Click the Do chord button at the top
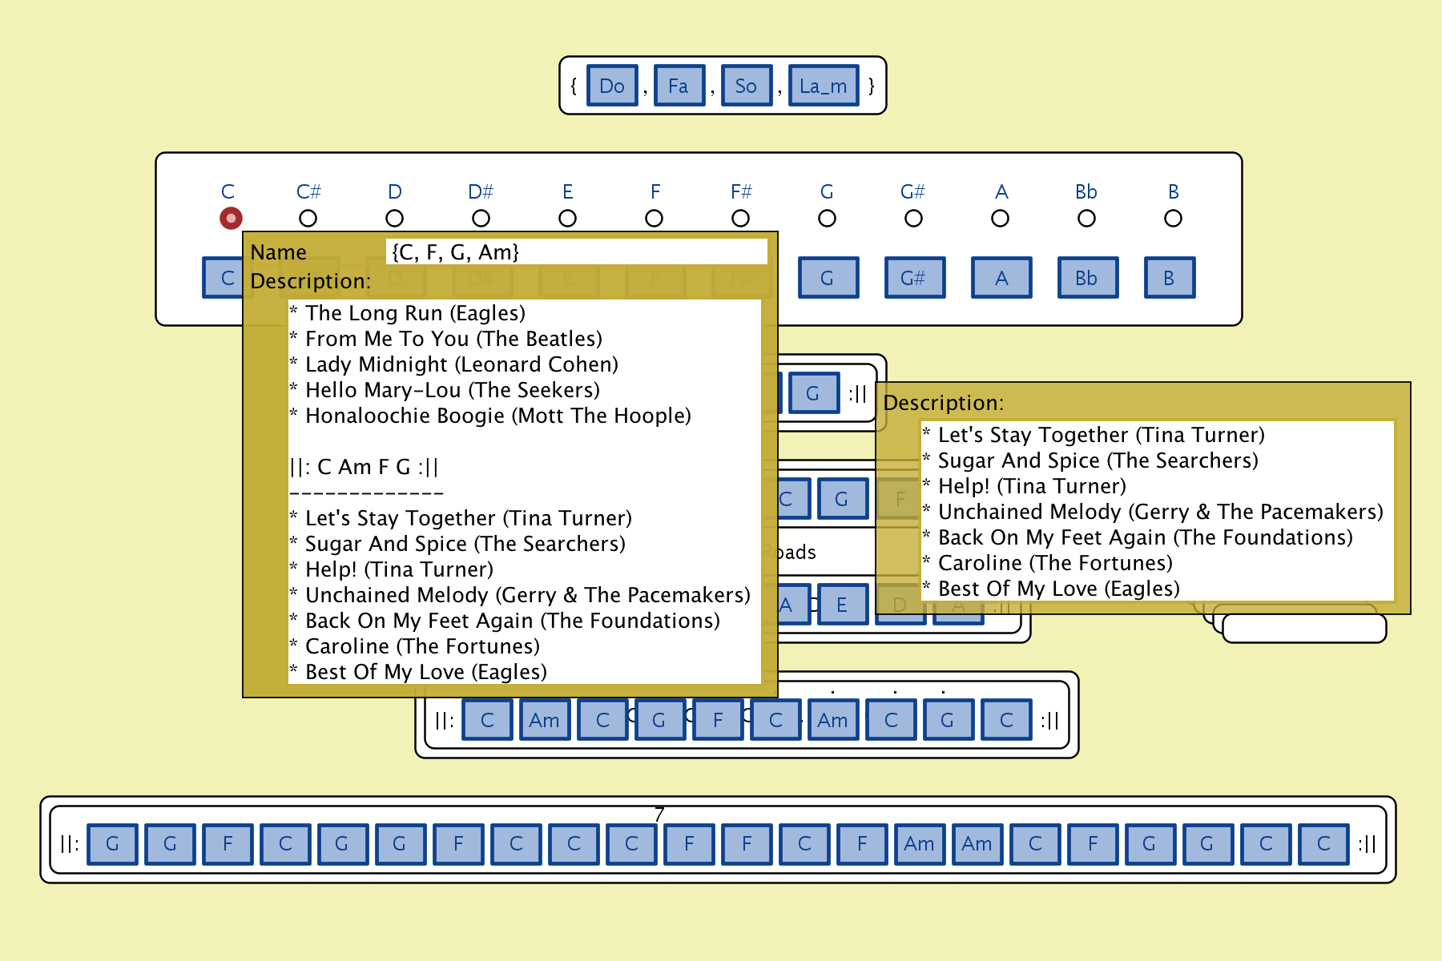coord(612,86)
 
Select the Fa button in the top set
coord(679,86)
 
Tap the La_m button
coord(823,86)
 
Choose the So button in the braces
coord(746,86)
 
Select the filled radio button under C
coord(231,218)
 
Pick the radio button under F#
coord(741,218)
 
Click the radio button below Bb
coord(1086,218)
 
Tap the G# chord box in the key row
coord(914,278)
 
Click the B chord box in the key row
coord(1169,278)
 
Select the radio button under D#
coord(481,218)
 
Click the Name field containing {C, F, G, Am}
coord(575,252)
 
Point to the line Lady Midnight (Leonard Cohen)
coord(461,364)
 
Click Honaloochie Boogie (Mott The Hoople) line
coord(497,416)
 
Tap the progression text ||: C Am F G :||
coord(365,467)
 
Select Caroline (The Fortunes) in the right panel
coord(1055,563)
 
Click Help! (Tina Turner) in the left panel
coord(399,569)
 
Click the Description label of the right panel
coord(943,403)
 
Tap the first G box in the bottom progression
coord(113,844)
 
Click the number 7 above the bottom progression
coord(659,814)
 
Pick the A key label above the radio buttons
coord(1001,191)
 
